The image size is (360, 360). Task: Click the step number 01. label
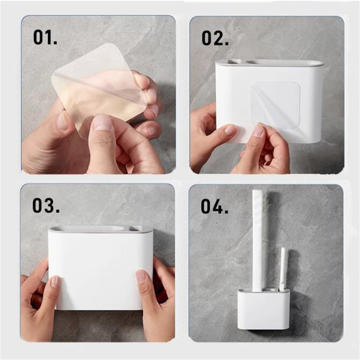click(45, 37)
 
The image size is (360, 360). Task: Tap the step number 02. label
click(215, 38)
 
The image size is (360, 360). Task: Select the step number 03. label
click(46, 206)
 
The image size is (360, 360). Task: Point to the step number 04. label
click(215, 207)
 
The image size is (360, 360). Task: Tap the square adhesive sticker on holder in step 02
click(275, 105)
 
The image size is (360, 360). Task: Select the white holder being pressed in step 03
click(100, 267)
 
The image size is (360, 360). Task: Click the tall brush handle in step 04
click(258, 241)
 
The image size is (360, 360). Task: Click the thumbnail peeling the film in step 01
click(103, 123)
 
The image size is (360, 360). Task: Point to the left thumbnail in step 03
click(55, 281)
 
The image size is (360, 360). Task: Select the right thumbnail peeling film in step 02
click(259, 130)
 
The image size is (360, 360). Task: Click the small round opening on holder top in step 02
click(235, 62)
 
